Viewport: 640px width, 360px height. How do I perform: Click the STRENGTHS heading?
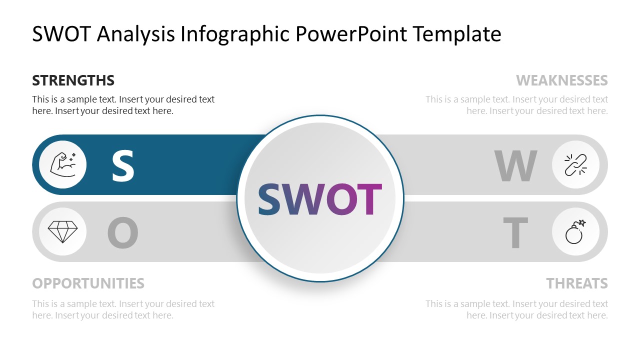click(73, 80)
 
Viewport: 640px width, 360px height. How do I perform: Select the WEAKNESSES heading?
click(561, 80)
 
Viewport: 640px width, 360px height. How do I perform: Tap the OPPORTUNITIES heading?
click(88, 283)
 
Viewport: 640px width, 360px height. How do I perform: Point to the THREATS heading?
click(576, 283)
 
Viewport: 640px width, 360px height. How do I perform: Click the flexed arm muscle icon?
click(62, 164)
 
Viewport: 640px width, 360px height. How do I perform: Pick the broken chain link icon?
click(575, 164)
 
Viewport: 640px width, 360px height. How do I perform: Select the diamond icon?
click(62, 231)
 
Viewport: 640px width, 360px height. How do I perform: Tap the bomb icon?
click(575, 231)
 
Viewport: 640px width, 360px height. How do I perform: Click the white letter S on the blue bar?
click(122, 165)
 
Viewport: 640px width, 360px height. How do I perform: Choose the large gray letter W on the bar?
click(515, 165)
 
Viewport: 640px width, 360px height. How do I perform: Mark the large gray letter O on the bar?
click(122, 233)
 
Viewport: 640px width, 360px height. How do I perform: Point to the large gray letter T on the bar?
click(515, 233)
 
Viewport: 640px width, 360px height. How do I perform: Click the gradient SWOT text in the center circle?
click(319, 199)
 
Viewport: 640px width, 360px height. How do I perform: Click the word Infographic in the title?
click(235, 34)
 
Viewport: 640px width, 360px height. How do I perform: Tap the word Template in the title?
click(457, 34)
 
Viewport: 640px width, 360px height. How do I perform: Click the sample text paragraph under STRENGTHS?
click(123, 105)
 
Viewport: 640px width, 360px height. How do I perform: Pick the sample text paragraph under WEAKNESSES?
click(517, 105)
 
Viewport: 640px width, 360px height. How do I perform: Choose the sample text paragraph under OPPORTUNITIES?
click(123, 309)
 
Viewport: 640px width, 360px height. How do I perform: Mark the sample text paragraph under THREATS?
click(517, 309)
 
